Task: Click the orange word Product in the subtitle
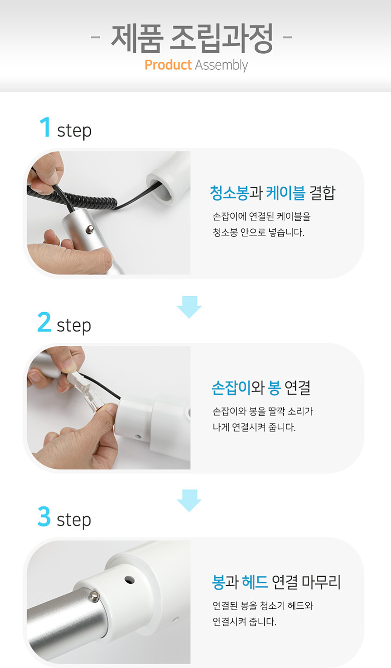tap(168, 65)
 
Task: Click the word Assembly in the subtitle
tap(221, 66)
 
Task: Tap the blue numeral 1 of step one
tap(46, 127)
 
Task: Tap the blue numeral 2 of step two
tap(44, 322)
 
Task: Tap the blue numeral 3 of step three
tap(44, 516)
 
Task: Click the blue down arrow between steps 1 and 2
tap(189, 307)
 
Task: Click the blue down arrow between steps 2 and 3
tap(189, 500)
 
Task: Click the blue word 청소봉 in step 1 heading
tap(229, 193)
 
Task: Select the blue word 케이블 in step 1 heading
tap(286, 193)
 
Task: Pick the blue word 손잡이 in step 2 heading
tap(231, 387)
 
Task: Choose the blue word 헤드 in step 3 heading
tap(255, 582)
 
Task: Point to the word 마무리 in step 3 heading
tap(321, 582)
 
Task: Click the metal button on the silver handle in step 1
tap(90, 229)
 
